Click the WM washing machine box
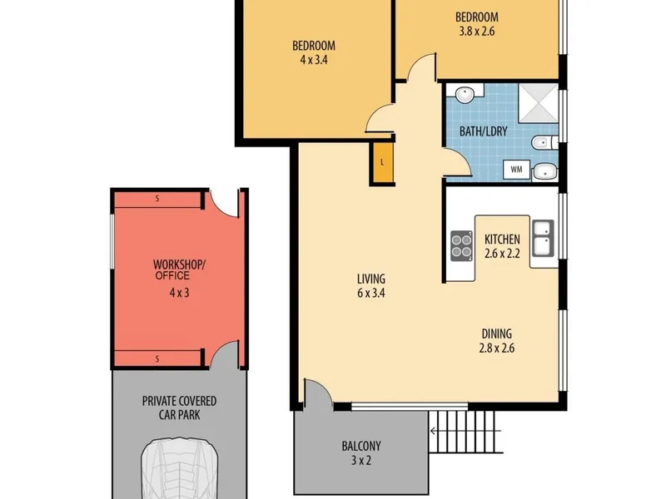pyautogui.click(x=516, y=170)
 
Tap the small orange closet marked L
pyautogui.click(x=382, y=162)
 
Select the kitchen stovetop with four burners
pyautogui.click(x=462, y=245)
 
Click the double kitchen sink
pyautogui.click(x=544, y=239)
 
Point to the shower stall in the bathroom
pyautogui.click(x=538, y=102)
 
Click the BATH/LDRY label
pyautogui.click(x=484, y=131)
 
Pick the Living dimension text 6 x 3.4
pyautogui.click(x=371, y=294)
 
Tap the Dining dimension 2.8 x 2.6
pyautogui.click(x=496, y=348)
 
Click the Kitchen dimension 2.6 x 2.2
pyautogui.click(x=502, y=254)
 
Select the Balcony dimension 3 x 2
pyautogui.click(x=361, y=461)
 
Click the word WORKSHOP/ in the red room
pyautogui.click(x=179, y=264)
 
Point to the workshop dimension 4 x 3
pyautogui.click(x=179, y=293)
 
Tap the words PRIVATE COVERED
pyautogui.click(x=179, y=401)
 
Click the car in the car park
pyautogui.click(x=180, y=468)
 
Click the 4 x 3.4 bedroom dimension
pyautogui.click(x=314, y=60)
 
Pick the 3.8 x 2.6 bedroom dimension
pyautogui.click(x=477, y=32)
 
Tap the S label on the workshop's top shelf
pyautogui.click(x=157, y=198)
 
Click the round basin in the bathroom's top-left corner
pyautogui.click(x=465, y=94)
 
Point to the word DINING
pyautogui.click(x=496, y=334)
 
